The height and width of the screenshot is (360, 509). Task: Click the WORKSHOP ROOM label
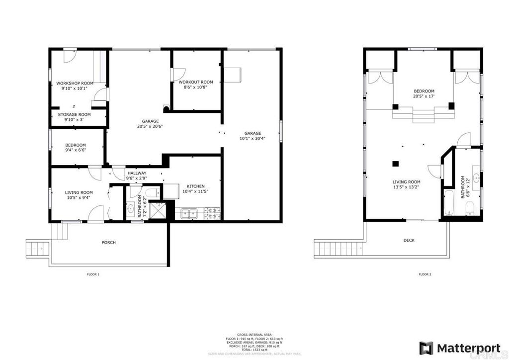(x=75, y=83)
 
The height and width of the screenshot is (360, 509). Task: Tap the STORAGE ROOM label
(x=74, y=114)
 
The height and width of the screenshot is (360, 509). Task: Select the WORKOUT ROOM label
(x=196, y=82)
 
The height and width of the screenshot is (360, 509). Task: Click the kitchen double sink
(x=189, y=214)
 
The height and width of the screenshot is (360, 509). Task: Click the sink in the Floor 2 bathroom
(x=476, y=177)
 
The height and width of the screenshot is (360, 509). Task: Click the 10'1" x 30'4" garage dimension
(x=253, y=139)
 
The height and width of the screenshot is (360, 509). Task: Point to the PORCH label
(x=108, y=243)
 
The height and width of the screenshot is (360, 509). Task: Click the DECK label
(x=409, y=240)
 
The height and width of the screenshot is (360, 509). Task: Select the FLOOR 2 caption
(x=424, y=274)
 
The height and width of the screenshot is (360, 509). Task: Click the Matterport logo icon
(x=426, y=347)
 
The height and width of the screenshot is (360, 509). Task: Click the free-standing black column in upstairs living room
(x=396, y=163)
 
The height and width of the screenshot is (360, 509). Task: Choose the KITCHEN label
(x=195, y=186)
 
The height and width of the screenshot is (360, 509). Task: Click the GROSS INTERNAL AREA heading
(x=254, y=334)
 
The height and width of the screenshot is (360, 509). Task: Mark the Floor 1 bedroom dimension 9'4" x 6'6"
(x=76, y=150)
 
